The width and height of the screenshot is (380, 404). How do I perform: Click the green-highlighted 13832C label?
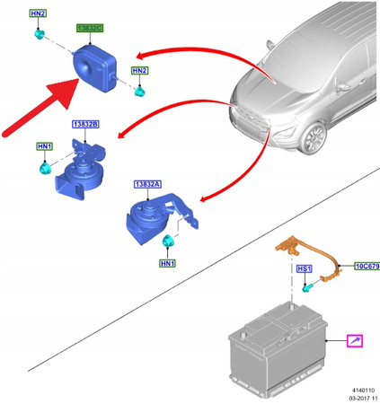[90, 28]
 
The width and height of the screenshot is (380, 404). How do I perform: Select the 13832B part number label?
[85, 124]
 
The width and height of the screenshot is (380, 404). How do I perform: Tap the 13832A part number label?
[147, 184]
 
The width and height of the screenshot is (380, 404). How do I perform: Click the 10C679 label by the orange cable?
[367, 266]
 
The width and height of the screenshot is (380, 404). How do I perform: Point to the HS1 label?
[304, 268]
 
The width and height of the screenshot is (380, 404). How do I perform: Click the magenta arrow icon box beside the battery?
[355, 341]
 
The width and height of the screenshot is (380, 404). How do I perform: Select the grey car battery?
[277, 350]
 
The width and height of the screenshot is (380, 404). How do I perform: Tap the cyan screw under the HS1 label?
[306, 288]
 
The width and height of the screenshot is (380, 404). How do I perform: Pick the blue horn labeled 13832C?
[94, 68]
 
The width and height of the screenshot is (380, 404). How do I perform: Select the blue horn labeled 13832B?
[80, 170]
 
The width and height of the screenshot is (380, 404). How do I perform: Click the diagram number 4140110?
[363, 391]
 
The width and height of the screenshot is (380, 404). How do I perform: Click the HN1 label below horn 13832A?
[168, 263]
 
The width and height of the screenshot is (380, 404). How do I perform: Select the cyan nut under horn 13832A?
[168, 241]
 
